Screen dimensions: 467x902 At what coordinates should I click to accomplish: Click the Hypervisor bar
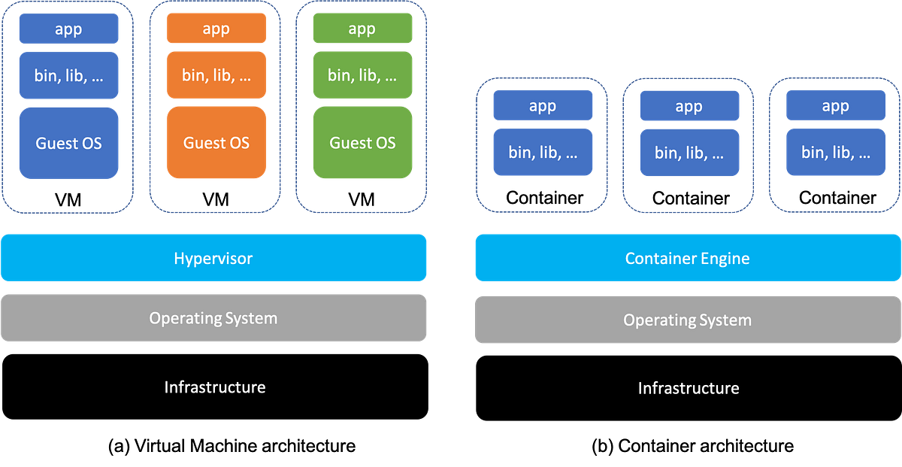214,258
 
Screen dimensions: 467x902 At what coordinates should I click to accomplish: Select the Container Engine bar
687,258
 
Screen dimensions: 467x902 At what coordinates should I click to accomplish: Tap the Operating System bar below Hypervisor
214,318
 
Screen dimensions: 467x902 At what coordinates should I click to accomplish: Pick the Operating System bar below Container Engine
687,320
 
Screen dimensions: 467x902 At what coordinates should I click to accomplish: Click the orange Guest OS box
216,143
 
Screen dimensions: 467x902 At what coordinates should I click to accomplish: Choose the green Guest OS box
362,143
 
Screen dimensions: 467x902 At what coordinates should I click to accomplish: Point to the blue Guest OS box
68,143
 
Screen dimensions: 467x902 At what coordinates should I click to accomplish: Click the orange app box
216,29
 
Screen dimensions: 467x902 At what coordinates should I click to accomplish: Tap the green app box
362,29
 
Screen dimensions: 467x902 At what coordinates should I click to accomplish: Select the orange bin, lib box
216,75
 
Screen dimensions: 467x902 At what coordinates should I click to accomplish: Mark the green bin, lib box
362,75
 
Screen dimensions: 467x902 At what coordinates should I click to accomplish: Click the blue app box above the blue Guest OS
68,29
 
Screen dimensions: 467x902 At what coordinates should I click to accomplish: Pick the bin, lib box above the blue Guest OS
68,75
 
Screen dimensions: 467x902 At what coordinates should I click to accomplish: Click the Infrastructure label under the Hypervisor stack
214,387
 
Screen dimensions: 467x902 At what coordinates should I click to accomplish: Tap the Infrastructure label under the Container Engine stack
688,388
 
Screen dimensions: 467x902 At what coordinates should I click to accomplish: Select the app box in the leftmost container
543,106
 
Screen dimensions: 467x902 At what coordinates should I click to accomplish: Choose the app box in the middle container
689,106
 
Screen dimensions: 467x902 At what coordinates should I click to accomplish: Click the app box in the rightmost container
835,106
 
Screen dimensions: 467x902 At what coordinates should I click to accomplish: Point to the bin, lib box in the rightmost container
835,152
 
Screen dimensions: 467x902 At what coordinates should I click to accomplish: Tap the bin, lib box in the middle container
689,152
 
